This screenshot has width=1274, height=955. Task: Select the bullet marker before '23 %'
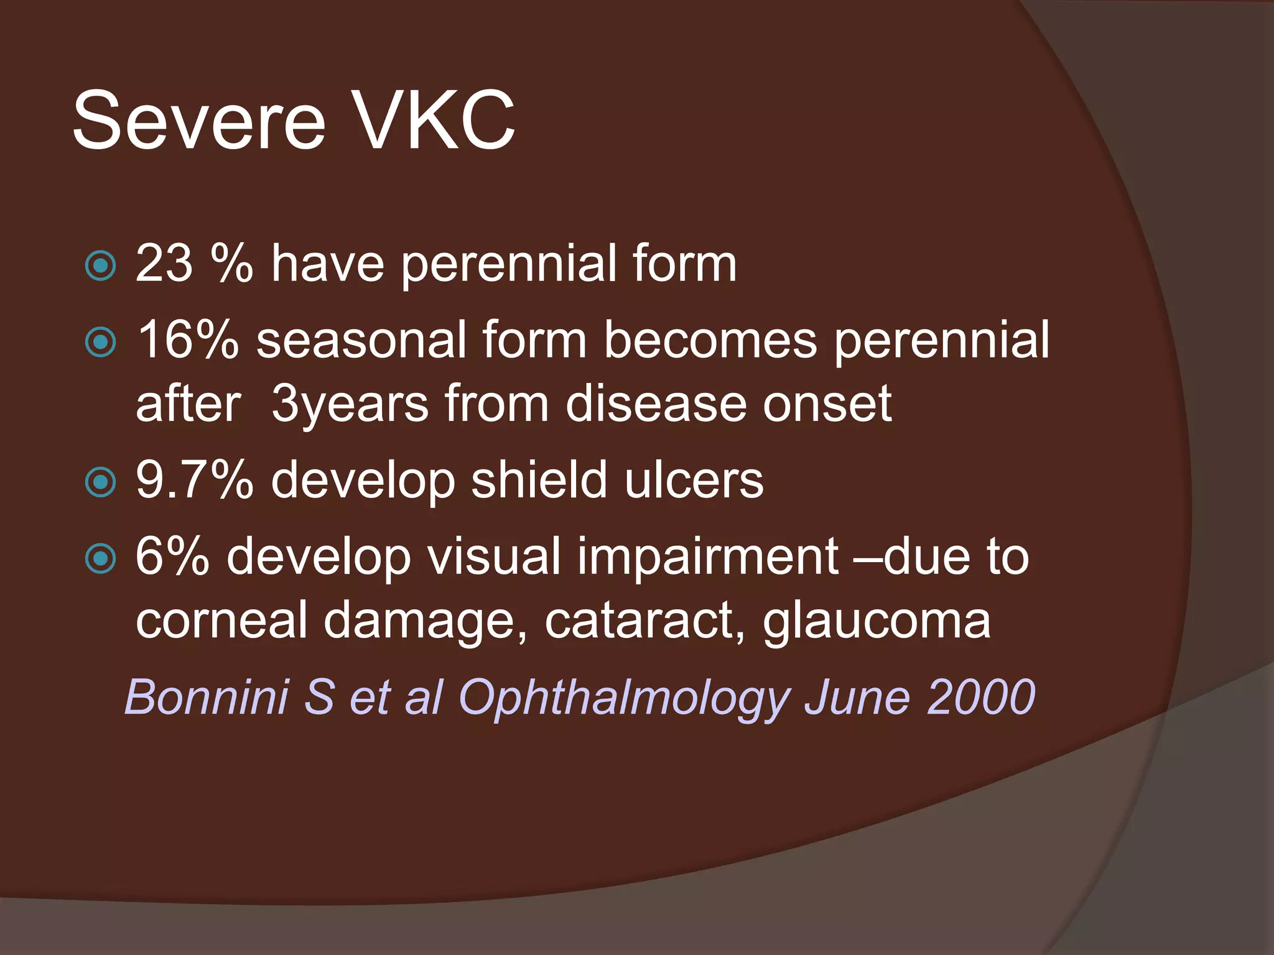pos(100,266)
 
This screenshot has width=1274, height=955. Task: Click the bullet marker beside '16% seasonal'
pos(100,342)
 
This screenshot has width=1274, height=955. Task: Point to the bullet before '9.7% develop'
pos(100,482)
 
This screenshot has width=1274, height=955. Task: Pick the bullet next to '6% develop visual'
pos(100,558)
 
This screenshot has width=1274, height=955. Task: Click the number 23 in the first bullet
pos(164,264)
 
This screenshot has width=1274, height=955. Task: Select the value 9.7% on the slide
pos(194,480)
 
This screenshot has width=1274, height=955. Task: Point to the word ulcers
pos(694,480)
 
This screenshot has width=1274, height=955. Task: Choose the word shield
pos(539,480)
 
